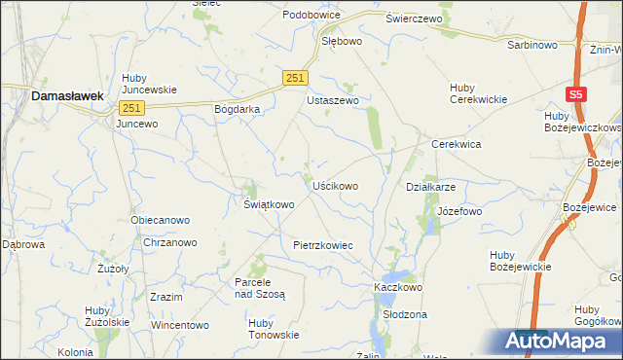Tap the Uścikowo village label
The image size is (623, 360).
coord(335,185)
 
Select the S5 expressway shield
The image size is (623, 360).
coord(576,94)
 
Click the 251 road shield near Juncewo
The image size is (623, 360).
coord(132,108)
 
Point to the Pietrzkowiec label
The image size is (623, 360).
coord(322,246)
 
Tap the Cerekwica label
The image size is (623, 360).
coord(457,143)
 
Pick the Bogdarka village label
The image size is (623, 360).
coord(238,109)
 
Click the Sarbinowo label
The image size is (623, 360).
coord(531,45)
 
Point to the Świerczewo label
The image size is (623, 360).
coord(414,18)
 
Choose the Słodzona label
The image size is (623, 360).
coord(405,314)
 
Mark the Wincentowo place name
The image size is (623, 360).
coord(179,324)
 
